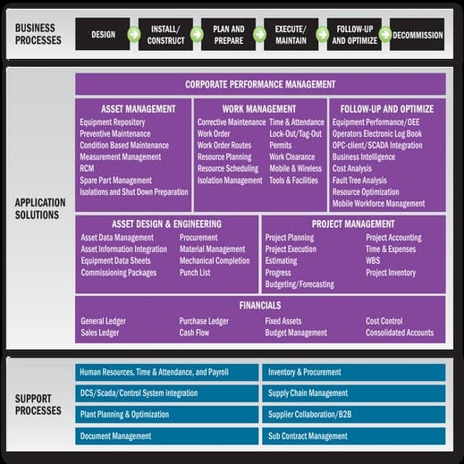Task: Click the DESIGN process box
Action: coord(103,35)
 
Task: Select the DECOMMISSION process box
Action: coord(418,35)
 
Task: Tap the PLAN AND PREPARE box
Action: coord(227,35)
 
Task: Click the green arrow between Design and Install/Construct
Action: coord(134,35)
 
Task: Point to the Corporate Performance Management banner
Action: coord(260,84)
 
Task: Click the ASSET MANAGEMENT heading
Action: coord(138,109)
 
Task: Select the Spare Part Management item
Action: coord(115,180)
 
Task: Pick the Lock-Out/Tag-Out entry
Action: coord(296,133)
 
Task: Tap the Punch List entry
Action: coord(195,273)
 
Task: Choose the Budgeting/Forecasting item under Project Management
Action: coord(300,284)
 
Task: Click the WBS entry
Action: coord(374,261)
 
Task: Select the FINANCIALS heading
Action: coord(260,306)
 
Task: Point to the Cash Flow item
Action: coord(194,333)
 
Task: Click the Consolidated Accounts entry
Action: coord(399,333)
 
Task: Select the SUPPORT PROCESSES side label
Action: coord(38,404)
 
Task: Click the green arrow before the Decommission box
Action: coord(384,35)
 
